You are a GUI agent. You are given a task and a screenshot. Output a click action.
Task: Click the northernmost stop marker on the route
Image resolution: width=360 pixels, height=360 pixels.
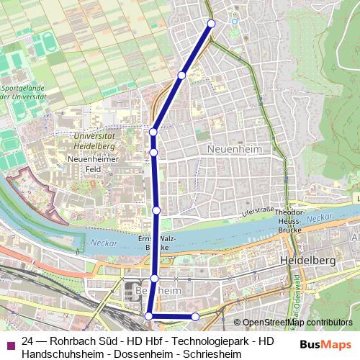coord(212,23)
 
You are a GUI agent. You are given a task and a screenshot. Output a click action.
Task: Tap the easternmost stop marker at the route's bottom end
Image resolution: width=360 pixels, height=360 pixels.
coord(195,317)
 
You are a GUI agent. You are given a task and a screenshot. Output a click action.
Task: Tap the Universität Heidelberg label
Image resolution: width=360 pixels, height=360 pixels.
coord(94,140)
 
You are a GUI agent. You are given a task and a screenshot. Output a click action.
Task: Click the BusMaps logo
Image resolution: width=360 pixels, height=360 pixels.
coord(325,344)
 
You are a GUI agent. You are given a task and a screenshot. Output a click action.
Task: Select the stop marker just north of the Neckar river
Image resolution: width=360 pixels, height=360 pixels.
coord(156,210)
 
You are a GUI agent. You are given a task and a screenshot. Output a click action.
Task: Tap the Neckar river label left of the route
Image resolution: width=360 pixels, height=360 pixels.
coord(104,244)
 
